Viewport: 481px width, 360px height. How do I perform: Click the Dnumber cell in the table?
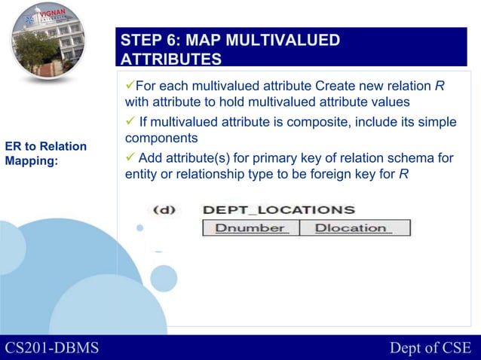pos(250,228)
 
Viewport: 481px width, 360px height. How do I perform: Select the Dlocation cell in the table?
pos(354,228)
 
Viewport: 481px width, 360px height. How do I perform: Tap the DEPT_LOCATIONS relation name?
pos(278,209)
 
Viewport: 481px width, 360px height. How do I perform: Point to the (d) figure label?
pos(166,209)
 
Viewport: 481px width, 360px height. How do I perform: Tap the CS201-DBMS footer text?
pos(51,347)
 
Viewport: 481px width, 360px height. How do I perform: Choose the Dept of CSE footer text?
pos(430,347)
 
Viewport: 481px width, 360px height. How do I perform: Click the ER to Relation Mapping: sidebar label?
pos(46,153)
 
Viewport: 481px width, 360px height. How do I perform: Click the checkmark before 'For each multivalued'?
pos(129,84)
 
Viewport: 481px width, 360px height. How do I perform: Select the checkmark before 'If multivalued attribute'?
pos(129,122)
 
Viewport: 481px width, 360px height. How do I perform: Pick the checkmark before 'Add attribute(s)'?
pos(129,157)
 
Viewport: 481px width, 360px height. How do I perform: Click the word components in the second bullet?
pos(161,139)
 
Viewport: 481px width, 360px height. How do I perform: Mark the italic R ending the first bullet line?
pos(439,84)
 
